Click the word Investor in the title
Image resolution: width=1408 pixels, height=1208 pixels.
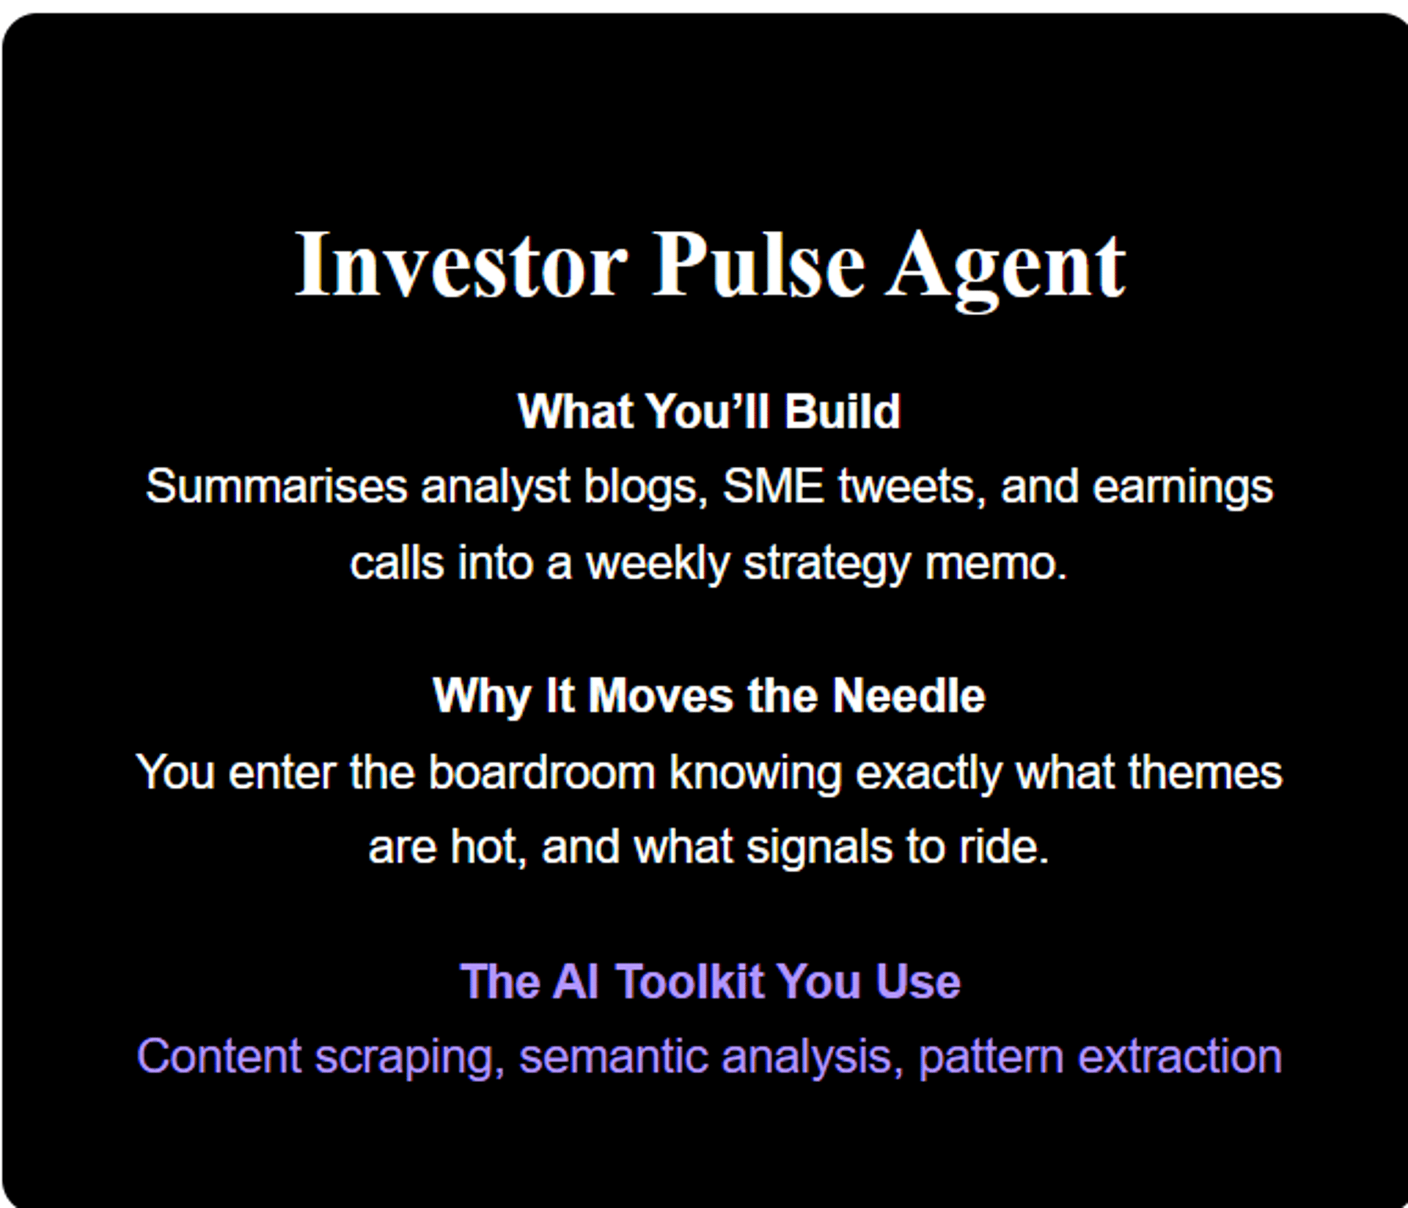pyautogui.click(x=461, y=264)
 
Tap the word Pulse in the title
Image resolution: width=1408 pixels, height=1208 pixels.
pyautogui.click(x=758, y=264)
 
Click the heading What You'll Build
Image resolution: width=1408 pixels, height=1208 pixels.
pyautogui.click(x=709, y=410)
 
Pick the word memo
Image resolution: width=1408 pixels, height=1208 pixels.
pyautogui.click(x=996, y=564)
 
